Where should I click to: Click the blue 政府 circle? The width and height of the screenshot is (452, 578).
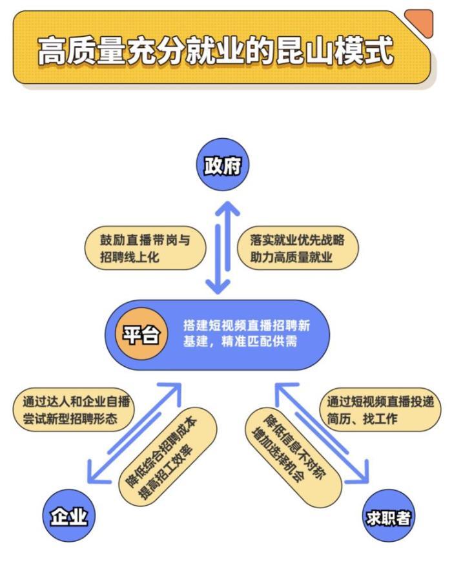point(222,166)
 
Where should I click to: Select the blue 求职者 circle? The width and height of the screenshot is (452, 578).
point(388,517)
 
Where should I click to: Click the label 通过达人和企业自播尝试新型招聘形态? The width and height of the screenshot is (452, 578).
point(74,410)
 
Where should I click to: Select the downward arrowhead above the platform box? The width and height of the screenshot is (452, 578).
point(218,285)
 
